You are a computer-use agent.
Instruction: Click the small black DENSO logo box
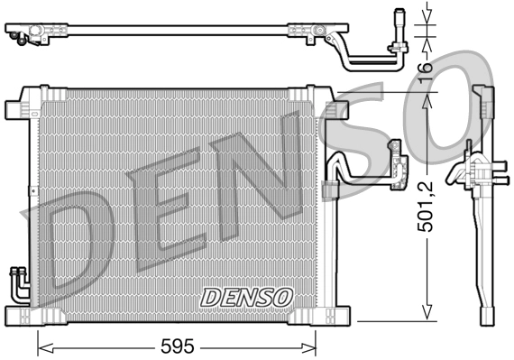pyautogui.click(x=246, y=296)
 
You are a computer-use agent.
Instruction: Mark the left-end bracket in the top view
pyautogui.click(x=32, y=33)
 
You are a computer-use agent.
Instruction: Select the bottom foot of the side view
pyautogui.click(x=485, y=311)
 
